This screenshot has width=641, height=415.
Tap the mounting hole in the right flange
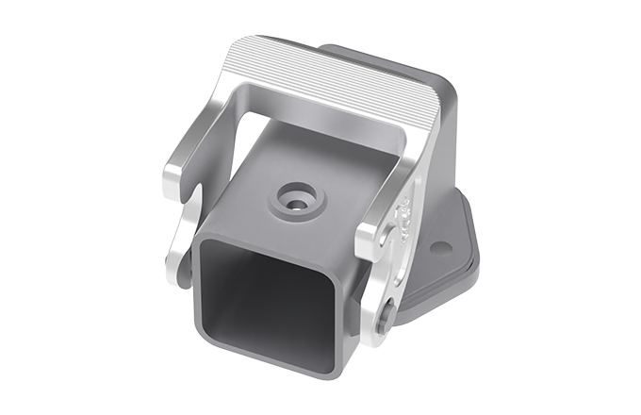(x=440, y=249)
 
